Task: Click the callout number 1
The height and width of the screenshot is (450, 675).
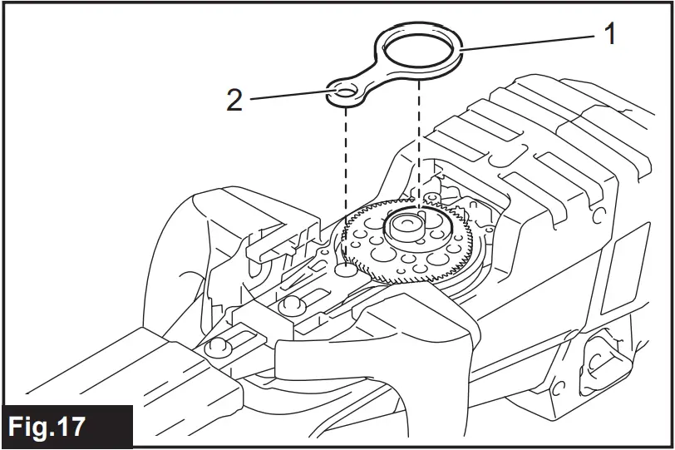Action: pyautogui.click(x=610, y=35)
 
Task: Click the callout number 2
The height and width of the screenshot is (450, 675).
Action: pyautogui.click(x=235, y=101)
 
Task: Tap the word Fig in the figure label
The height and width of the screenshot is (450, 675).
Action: pyautogui.click(x=34, y=428)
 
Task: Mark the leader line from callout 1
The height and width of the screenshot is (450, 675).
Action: pyautogui.click(x=532, y=43)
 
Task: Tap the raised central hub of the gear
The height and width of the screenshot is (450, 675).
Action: pyautogui.click(x=408, y=225)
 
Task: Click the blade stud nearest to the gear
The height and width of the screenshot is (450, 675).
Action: pyautogui.click(x=292, y=305)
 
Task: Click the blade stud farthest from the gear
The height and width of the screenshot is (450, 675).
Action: pyautogui.click(x=219, y=344)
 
